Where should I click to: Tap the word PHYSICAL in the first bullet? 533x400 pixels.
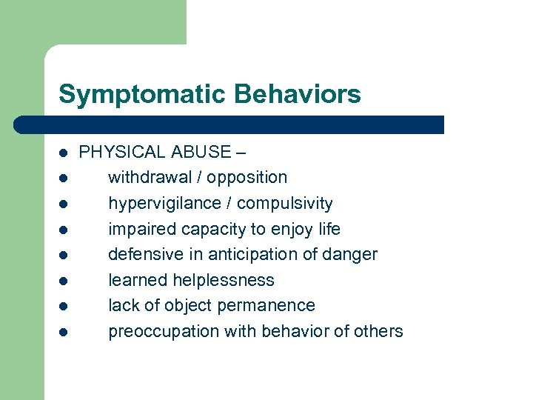coord(123,152)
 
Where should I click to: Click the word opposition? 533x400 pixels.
coord(247,178)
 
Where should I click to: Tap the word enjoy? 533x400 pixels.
coord(289,229)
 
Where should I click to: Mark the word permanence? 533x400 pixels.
coord(272,305)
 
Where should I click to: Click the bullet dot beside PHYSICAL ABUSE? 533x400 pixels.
coord(64,153)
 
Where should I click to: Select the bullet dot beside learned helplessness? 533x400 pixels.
coord(64,281)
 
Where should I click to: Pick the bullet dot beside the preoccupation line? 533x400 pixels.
coord(64,332)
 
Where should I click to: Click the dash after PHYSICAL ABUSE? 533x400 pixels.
coord(241,153)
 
